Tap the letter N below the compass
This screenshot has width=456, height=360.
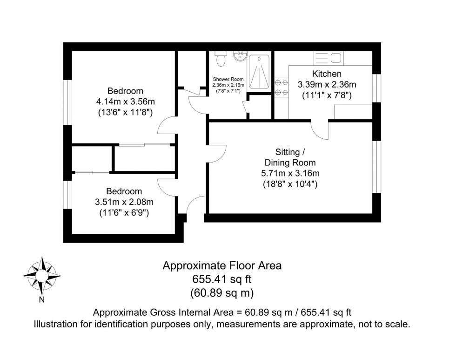(x=42, y=299)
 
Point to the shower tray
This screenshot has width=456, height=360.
(x=259, y=72)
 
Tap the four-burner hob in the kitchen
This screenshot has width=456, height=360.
(x=281, y=87)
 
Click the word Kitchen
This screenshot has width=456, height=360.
(x=327, y=74)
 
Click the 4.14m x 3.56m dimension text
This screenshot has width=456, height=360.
(x=125, y=102)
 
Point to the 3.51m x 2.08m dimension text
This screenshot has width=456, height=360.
(x=124, y=202)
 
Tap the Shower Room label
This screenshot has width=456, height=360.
(x=228, y=79)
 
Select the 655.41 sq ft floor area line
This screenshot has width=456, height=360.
(x=221, y=279)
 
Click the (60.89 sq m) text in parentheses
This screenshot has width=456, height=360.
(x=221, y=293)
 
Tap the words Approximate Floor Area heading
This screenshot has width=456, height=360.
(x=221, y=266)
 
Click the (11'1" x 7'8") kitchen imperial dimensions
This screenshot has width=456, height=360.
(x=327, y=95)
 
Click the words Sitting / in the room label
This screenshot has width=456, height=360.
(x=290, y=152)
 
